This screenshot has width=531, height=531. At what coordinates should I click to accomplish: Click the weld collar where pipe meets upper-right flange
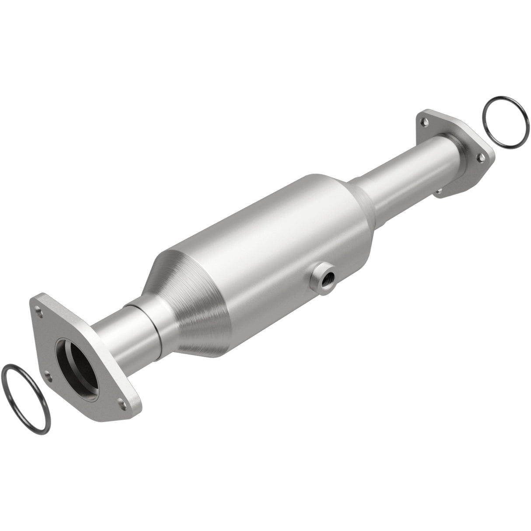click(459, 144)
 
